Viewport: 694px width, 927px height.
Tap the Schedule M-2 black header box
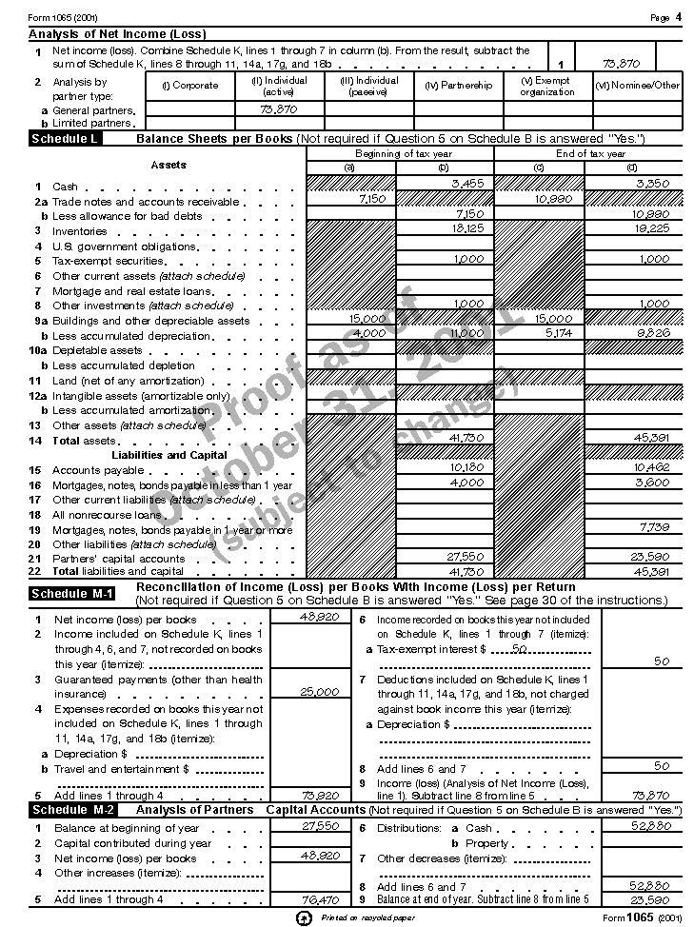pos(73,810)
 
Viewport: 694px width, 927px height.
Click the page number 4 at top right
pos(679,17)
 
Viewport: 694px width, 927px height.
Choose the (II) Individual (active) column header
pos(279,86)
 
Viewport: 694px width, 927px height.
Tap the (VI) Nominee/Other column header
pos(638,86)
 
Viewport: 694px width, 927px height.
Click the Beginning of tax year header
pos(404,153)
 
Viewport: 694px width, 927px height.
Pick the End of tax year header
pos(590,153)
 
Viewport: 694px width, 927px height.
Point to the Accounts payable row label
pos(85,470)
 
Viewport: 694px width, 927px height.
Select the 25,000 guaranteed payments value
pos(320,692)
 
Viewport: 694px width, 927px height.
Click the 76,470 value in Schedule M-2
pos(320,899)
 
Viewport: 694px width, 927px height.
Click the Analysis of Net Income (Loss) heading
pos(117,34)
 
